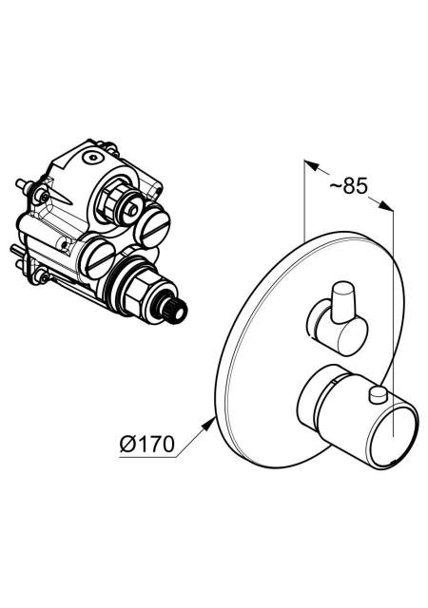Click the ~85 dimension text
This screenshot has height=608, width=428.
click(x=348, y=186)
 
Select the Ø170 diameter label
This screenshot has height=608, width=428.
click(x=146, y=444)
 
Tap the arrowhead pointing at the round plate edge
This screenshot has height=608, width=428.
click(x=209, y=423)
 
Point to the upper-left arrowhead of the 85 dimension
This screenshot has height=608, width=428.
click(x=311, y=165)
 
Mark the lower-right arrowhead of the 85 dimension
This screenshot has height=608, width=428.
click(x=386, y=205)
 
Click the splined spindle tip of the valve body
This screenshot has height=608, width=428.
click(x=176, y=306)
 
